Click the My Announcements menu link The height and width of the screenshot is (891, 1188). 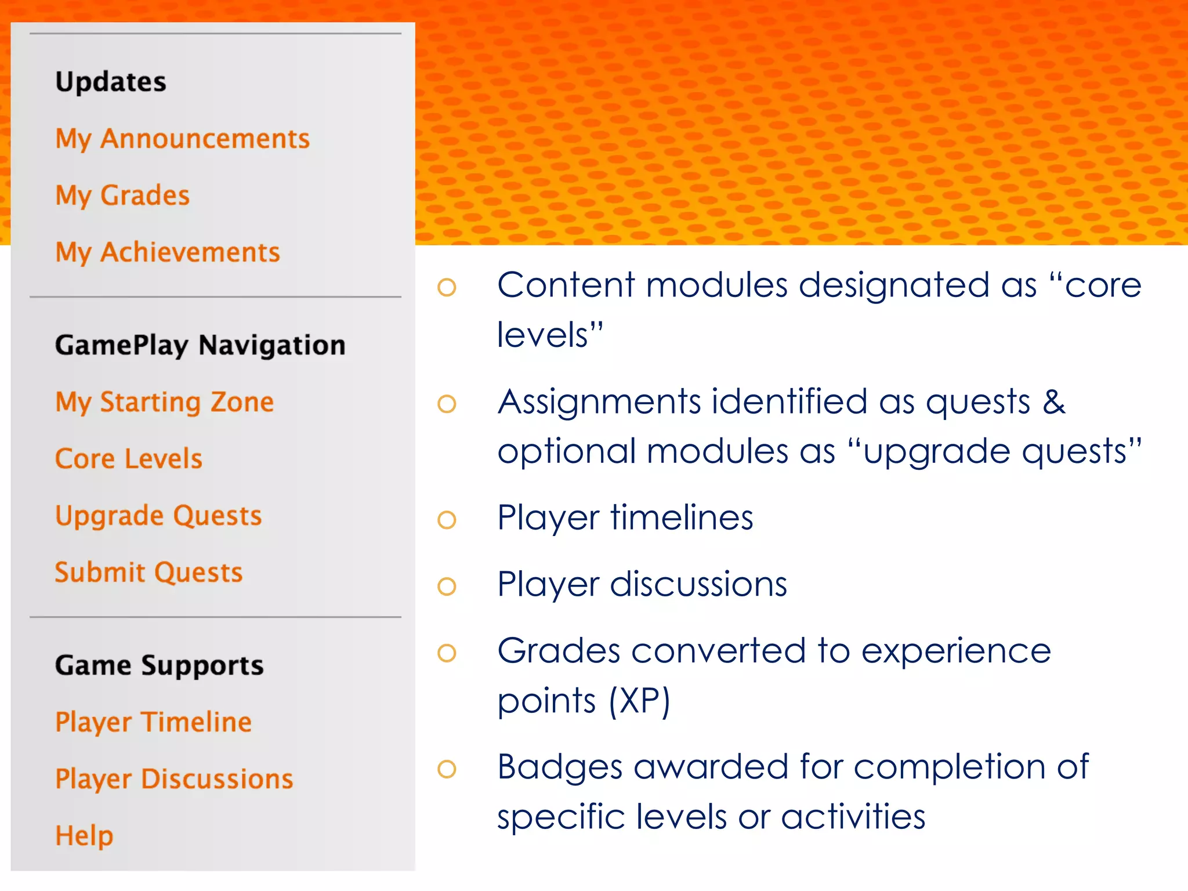click(x=182, y=139)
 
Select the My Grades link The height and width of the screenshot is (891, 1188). click(x=122, y=195)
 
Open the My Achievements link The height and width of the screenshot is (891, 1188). click(x=168, y=252)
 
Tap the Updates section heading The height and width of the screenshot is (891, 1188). click(x=111, y=82)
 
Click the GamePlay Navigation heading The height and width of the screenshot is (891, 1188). click(x=200, y=345)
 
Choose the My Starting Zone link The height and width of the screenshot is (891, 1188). click(x=164, y=402)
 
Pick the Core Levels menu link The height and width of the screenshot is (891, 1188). click(x=129, y=459)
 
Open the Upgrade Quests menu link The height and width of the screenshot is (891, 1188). click(x=158, y=516)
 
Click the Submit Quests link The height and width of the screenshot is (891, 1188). click(x=148, y=573)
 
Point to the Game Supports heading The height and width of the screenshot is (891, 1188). click(x=159, y=665)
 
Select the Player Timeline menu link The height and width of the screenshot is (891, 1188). click(x=153, y=722)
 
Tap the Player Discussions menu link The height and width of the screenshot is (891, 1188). click(x=174, y=779)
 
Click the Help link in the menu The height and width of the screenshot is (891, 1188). click(x=84, y=836)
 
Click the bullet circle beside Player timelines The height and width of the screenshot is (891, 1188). click(x=447, y=519)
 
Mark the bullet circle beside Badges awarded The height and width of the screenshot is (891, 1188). click(x=447, y=769)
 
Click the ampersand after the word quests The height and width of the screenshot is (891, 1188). click(x=1054, y=402)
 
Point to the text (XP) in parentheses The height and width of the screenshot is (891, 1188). click(x=639, y=701)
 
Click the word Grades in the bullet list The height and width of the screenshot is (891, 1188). click(x=559, y=651)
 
